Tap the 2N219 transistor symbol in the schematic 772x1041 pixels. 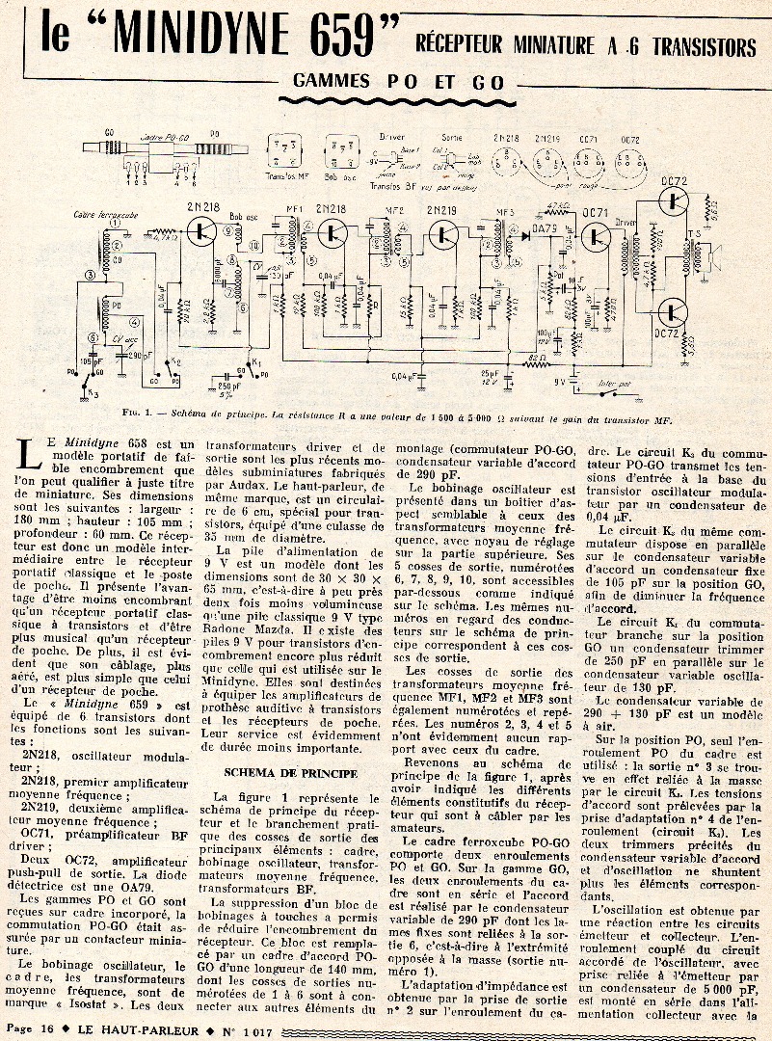pos(445,232)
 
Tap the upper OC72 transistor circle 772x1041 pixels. pos(673,200)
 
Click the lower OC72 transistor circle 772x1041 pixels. pos(673,311)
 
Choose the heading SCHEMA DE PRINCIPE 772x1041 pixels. pos(277,772)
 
